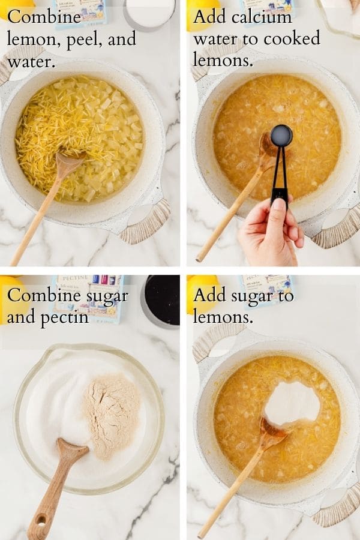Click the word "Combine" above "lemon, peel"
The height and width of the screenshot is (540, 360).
[x=44, y=17]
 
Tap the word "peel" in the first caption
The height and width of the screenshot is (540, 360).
[x=82, y=40]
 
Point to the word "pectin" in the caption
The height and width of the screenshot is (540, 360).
[x=65, y=317]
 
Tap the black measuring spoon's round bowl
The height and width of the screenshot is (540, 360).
[x=281, y=136]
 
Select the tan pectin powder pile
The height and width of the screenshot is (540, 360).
[x=112, y=416]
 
